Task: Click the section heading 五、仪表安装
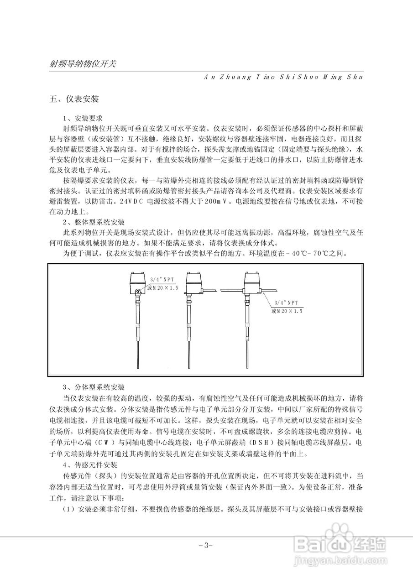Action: click(x=74, y=99)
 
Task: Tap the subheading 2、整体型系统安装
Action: click(x=93, y=222)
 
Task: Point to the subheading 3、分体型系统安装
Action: click(x=93, y=387)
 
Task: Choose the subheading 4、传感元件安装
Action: click(x=89, y=466)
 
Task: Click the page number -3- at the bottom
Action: click(x=206, y=545)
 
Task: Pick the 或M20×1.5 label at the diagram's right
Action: click(x=288, y=311)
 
